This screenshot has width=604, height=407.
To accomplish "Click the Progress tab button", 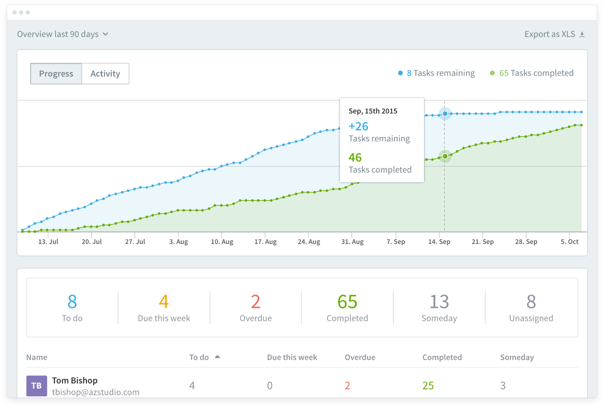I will tap(56, 74).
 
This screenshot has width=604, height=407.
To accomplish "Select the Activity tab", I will tap(105, 74).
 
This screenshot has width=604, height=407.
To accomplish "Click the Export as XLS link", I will tap(554, 34).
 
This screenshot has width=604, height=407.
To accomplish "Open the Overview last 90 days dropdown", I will tap(63, 34).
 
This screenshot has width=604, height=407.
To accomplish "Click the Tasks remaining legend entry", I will tap(437, 73).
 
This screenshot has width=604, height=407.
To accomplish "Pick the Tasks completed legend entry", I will tap(532, 73).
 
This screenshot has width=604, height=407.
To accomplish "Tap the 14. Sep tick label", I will tap(439, 242).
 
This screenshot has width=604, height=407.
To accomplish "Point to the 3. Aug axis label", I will tap(178, 242).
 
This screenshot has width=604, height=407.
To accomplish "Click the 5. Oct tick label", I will tap(569, 242).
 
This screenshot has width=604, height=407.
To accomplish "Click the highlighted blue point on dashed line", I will tap(445, 114).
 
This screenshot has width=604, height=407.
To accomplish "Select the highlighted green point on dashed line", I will tap(445, 156).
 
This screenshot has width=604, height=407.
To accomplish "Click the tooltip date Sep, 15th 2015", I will tap(373, 111).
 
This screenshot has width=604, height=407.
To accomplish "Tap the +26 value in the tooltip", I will tap(358, 126).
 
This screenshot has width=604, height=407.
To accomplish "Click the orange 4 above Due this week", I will tap(164, 302).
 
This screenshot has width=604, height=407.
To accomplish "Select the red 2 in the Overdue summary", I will tap(256, 302).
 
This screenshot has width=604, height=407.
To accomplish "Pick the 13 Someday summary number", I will tap(439, 302).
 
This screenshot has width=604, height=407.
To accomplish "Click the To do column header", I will tap(199, 357).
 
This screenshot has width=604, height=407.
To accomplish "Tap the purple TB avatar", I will tap(37, 386).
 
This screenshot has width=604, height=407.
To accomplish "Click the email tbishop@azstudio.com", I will tap(95, 392).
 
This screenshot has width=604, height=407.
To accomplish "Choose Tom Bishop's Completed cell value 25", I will tap(428, 385).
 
